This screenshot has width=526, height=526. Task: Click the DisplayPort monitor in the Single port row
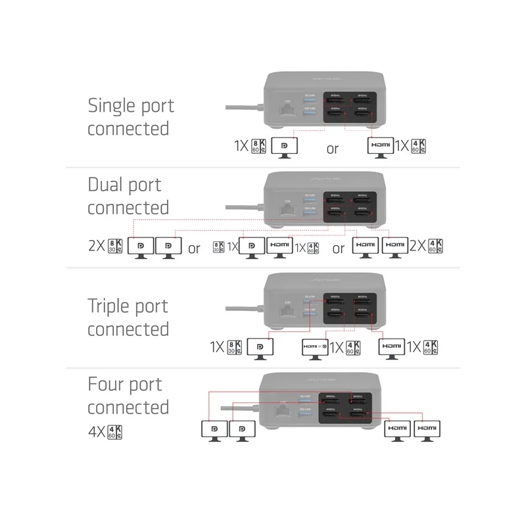coord(284,147)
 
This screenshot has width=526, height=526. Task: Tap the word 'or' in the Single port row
coord(333,149)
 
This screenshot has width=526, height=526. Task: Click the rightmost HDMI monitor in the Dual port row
coord(394,248)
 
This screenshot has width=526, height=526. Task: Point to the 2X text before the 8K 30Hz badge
coord(97,248)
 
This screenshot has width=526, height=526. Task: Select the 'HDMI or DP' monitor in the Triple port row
coord(314,348)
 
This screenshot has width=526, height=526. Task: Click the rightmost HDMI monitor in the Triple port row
coord(393,348)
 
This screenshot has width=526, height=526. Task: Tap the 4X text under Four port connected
coord(95,433)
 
